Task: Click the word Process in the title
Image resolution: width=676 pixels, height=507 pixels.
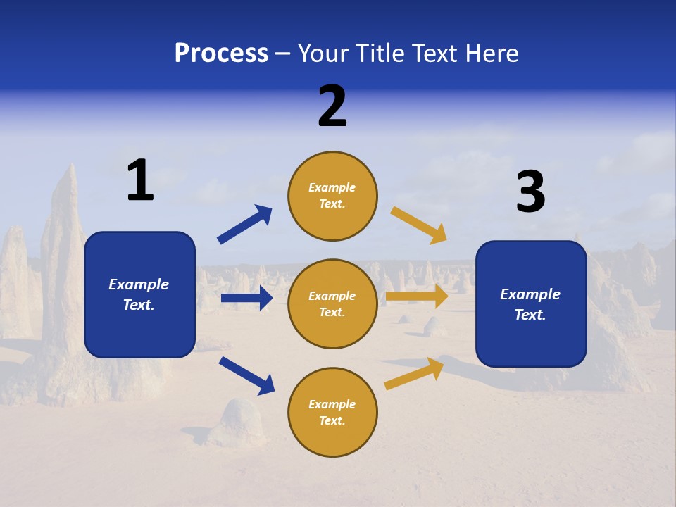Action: [221, 54]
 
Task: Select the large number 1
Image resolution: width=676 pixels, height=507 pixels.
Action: [140, 181]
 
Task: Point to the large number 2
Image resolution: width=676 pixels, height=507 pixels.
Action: [332, 106]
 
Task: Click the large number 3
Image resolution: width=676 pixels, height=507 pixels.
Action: [530, 192]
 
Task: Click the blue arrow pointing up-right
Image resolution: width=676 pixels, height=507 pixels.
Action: [245, 224]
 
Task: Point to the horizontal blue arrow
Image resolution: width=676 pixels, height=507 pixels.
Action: [246, 298]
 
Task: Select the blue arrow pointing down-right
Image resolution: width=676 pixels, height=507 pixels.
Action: [246, 375]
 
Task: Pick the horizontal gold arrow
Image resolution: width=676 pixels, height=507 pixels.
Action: [417, 296]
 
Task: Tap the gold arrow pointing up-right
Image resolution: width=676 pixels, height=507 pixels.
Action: [414, 373]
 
